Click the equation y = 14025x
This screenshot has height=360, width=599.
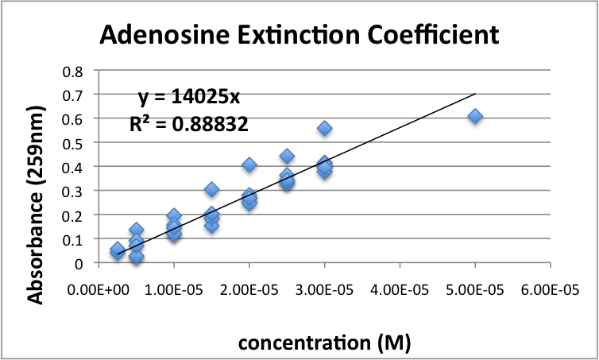pyautogui.click(x=184, y=97)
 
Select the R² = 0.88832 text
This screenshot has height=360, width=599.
pyautogui.click(x=184, y=123)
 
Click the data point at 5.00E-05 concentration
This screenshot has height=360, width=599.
pyautogui.click(x=475, y=116)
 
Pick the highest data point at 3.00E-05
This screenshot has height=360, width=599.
pyautogui.click(x=325, y=128)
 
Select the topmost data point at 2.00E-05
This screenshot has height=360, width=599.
pyautogui.click(x=249, y=165)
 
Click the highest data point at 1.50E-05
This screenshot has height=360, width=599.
pyautogui.click(x=212, y=189)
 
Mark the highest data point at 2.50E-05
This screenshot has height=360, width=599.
pyautogui.click(x=287, y=156)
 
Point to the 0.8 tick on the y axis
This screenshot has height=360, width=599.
pyautogui.click(x=73, y=70)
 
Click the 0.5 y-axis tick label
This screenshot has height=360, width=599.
pyautogui.click(x=73, y=142)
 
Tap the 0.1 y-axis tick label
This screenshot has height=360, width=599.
pyautogui.click(x=73, y=238)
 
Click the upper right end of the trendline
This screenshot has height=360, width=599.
pyautogui.click(x=474, y=94)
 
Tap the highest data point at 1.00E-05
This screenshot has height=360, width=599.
pyautogui.click(x=174, y=216)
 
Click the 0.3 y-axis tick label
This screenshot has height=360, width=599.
pyautogui.click(x=73, y=191)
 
